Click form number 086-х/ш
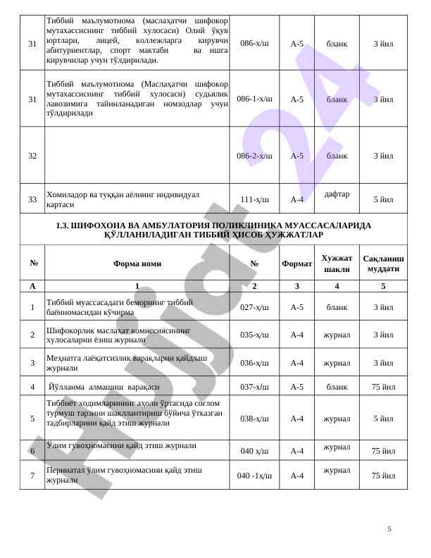254,43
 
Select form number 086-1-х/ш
254,99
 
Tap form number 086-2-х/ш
254,156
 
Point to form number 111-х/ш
254,199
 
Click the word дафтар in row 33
337,194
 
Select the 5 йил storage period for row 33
383,199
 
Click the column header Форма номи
137,263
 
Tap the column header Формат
296,263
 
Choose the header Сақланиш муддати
383,263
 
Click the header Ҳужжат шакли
337,263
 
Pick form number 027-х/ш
254,307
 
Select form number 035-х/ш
254,335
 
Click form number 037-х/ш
254,387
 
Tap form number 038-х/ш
254,418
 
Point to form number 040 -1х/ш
254,476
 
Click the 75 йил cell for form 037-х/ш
383,387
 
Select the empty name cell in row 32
137,156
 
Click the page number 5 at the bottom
389,528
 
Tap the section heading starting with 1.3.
213,230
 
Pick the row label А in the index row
32,286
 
